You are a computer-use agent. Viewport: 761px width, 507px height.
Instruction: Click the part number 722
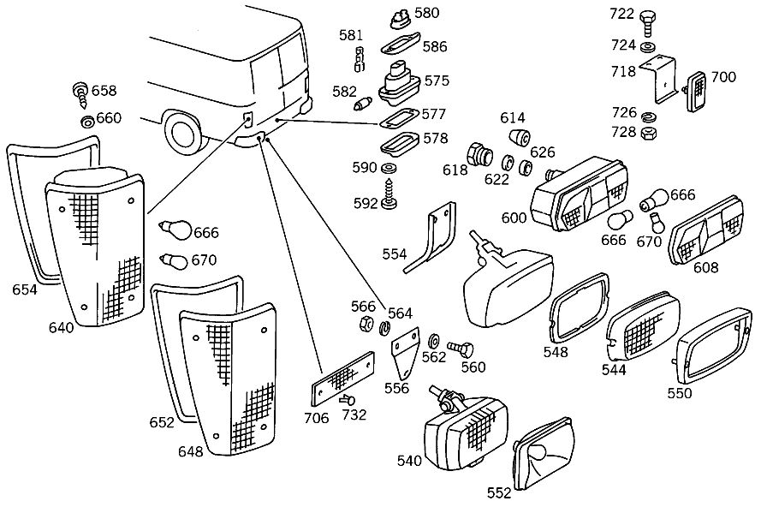621,14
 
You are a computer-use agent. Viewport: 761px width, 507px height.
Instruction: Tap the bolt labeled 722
647,22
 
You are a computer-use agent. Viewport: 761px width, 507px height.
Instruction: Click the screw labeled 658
80,95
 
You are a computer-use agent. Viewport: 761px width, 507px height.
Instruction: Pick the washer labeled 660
87,122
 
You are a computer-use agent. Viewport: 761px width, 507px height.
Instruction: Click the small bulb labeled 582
365,104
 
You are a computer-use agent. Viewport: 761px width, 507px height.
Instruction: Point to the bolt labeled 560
460,349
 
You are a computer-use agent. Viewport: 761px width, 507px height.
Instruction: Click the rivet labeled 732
348,400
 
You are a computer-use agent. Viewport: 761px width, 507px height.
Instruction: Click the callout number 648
191,451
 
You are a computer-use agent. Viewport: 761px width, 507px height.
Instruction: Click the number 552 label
499,493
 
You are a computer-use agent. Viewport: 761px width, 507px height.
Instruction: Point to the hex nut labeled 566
367,323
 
